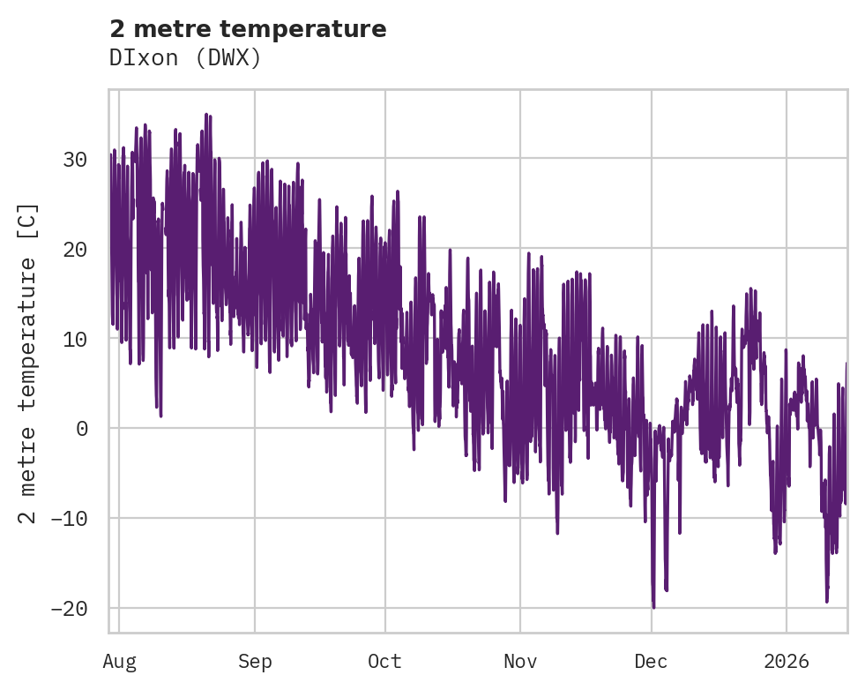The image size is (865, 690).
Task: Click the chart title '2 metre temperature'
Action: coord(248,29)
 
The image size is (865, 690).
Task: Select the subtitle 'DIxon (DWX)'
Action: coord(185,57)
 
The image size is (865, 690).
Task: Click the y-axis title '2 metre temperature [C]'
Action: coord(28,363)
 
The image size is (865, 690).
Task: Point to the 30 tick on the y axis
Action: coord(75,159)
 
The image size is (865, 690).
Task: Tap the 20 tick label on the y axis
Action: coord(75,249)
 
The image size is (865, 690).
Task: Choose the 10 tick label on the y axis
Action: coord(75,339)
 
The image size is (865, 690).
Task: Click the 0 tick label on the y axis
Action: coord(82,429)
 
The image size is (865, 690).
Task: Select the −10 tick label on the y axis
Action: coord(68,519)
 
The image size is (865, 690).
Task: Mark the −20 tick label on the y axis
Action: coord(68,609)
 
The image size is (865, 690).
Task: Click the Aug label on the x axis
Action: coord(119,662)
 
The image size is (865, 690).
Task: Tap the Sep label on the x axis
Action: coord(255,662)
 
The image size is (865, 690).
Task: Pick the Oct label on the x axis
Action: coord(385,662)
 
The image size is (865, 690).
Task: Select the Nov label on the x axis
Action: coord(520,662)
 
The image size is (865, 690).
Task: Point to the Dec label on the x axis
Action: coord(652,662)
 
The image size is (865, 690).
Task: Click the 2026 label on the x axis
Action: coord(786,662)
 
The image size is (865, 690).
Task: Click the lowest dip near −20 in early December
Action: coord(653,607)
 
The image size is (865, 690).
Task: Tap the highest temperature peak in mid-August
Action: coord(206,114)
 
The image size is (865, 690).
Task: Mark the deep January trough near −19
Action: coord(827,601)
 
